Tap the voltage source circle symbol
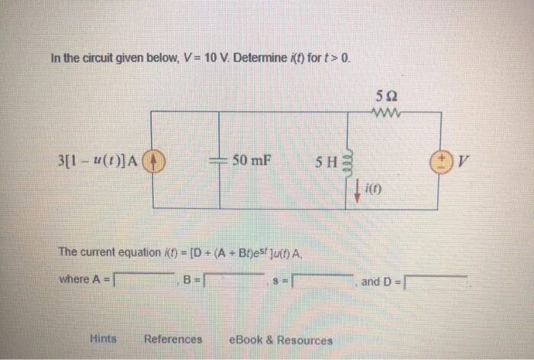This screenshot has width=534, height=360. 440,161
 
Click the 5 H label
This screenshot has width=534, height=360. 325,162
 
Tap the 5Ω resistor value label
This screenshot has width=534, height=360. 386,95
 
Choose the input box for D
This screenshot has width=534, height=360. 435,282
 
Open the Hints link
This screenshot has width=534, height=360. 103,339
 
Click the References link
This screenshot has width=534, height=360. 173,339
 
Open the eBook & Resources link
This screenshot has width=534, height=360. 281,340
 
